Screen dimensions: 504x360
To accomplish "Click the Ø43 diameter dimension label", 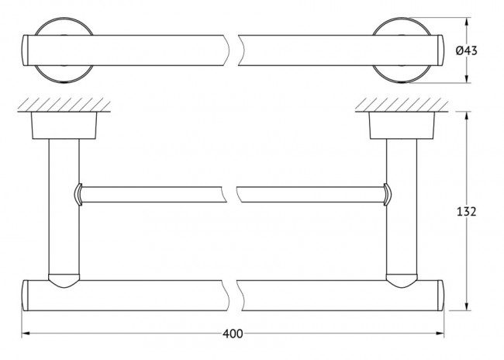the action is [466, 50].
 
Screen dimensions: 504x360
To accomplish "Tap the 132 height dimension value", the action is [466, 212].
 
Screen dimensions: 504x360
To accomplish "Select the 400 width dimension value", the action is [233, 334].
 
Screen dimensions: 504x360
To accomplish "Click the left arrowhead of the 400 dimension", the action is [26, 334].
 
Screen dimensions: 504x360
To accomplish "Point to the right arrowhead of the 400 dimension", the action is [440, 334].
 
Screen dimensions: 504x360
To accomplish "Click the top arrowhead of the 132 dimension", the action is [467, 116].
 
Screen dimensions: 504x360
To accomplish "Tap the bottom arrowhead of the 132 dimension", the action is [467, 306].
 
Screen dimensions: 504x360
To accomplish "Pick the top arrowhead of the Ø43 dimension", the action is [467, 22].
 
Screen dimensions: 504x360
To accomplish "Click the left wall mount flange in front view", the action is [64, 126].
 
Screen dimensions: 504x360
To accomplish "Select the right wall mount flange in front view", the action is [402, 126].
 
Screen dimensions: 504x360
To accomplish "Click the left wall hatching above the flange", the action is [64, 105].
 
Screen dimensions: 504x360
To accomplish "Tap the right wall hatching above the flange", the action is [402, 105].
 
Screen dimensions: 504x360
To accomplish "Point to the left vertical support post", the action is [64, 206].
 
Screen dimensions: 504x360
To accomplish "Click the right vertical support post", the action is [402, 206].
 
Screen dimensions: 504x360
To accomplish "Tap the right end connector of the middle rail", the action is [388, 194].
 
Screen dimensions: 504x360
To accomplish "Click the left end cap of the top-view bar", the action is [26, 50].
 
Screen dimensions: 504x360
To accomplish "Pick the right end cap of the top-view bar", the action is [440, 50].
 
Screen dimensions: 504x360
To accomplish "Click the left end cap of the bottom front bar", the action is [25, 296].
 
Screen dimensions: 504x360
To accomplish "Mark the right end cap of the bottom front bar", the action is [440, 296].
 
